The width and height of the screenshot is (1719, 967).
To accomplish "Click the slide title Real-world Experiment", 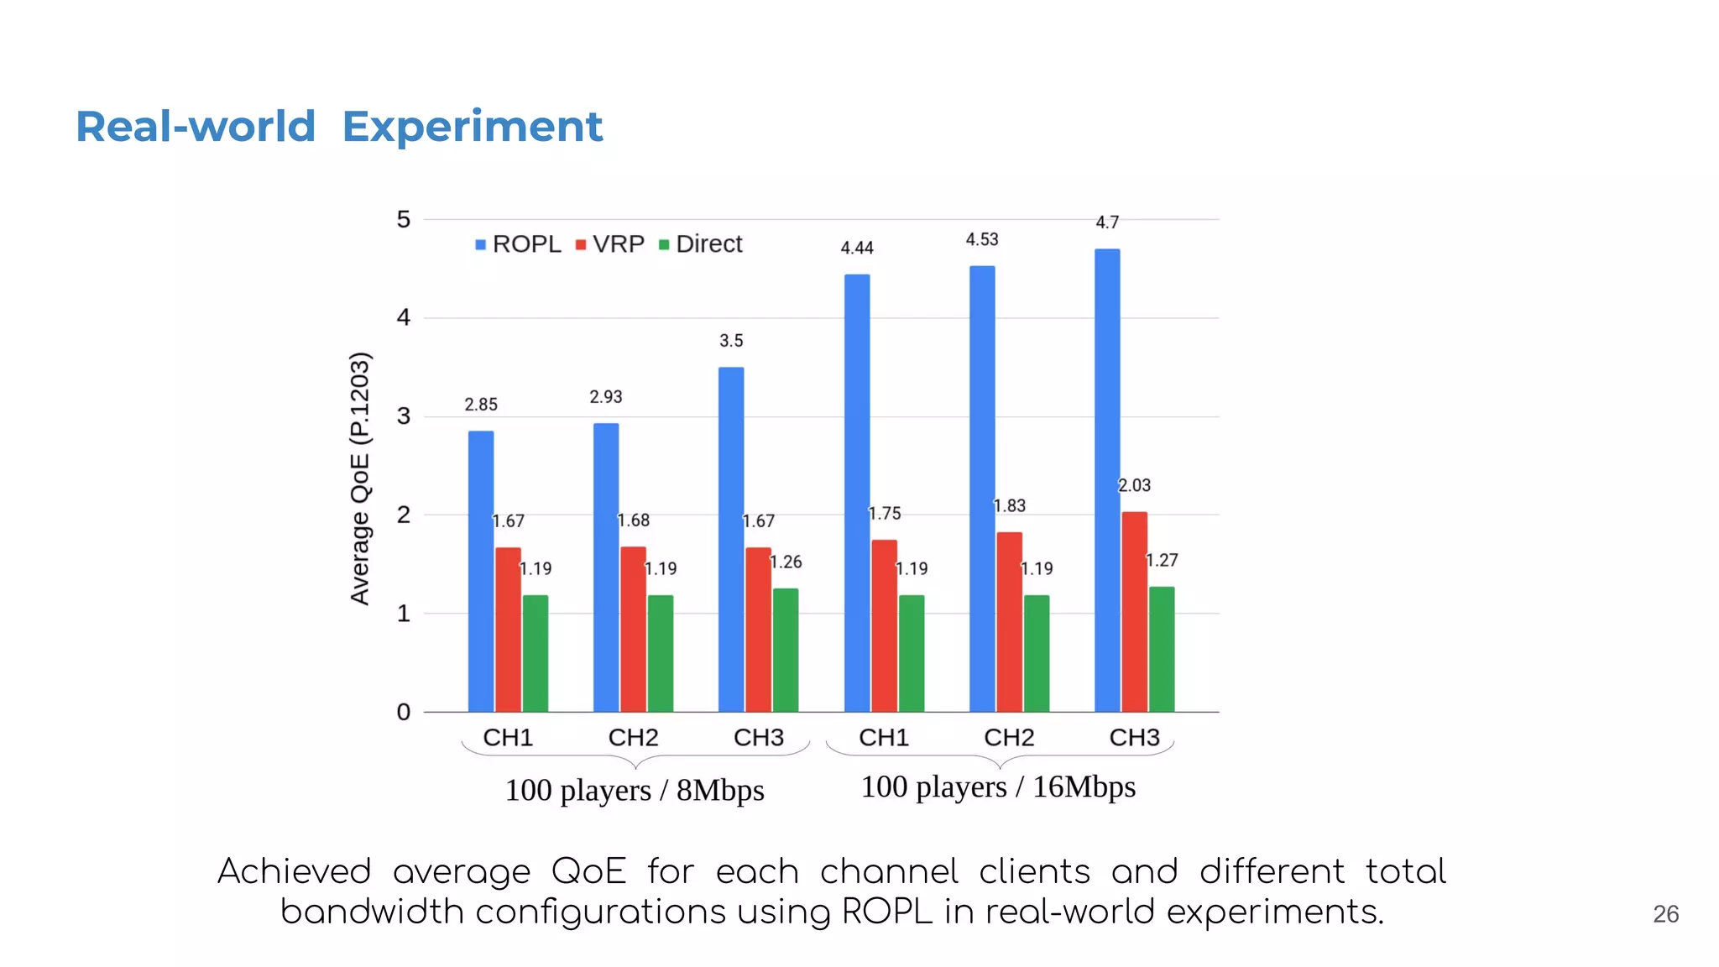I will pos(339,128).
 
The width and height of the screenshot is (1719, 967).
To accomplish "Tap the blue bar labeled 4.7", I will pos(1107,478).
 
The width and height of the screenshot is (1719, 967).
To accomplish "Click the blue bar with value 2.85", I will pos(481,571).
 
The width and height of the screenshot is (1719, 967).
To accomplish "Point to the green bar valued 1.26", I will pos(786,650).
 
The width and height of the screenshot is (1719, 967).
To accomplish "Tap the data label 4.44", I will pos(857,248).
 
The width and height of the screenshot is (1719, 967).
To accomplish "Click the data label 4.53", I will pos(982,239).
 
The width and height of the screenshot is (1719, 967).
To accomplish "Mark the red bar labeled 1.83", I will pos(1009,621).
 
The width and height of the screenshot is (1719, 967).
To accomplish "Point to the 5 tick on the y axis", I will pos(404,220).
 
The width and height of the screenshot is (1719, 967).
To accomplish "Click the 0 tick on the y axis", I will pos(404,712).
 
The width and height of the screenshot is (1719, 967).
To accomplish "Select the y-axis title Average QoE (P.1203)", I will pos(359,478).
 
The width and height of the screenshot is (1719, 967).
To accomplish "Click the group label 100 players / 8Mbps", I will pos(635,790).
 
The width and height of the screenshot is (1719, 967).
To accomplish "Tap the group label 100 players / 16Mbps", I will pos(998,787).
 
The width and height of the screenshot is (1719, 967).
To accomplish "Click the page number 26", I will pos(1665,914).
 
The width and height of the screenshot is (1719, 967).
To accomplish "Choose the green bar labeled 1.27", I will pos(1162,649).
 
